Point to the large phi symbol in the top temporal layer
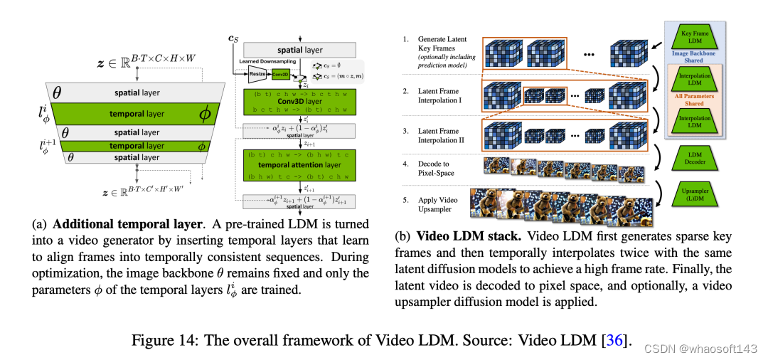coord(205,113)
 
